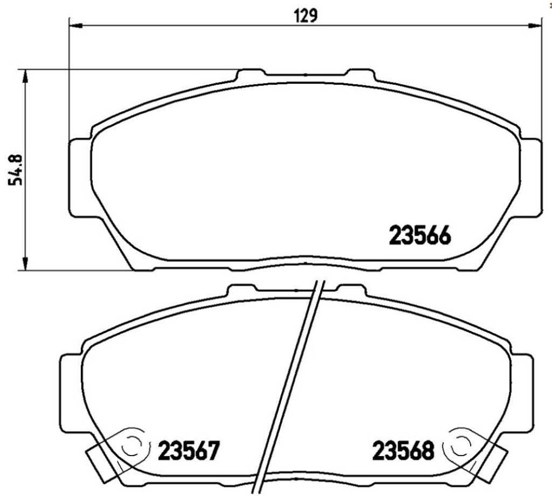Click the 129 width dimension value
306,16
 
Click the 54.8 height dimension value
16,169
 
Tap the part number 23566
419,235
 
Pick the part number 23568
403,451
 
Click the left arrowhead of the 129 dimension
75,25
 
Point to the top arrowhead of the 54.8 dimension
25,76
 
